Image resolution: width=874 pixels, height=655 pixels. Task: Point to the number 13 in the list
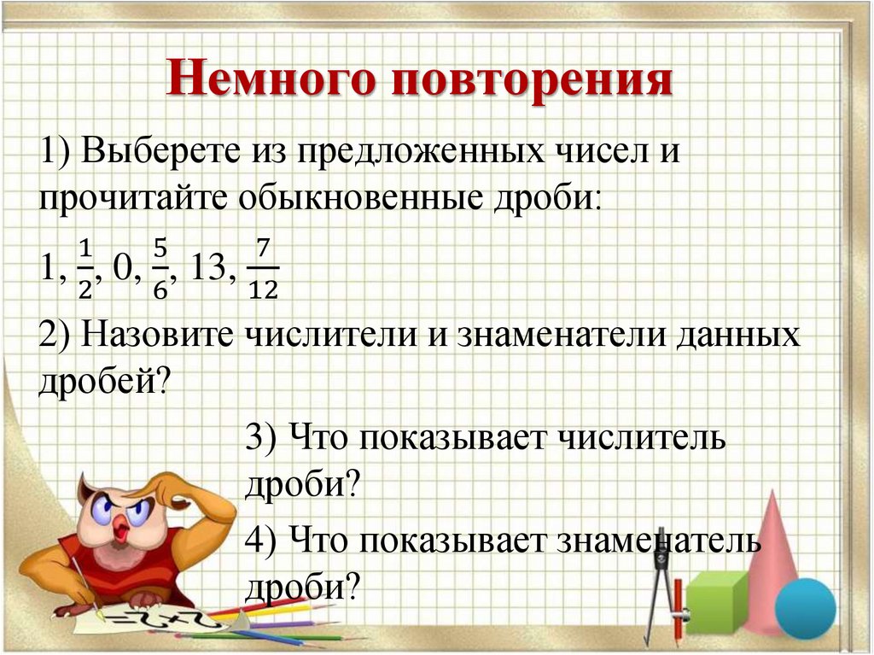click(x=209, y=269)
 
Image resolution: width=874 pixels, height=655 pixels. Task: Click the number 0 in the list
click(x=124, y=269)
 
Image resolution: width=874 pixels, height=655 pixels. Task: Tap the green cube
click(x=715, y=600)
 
